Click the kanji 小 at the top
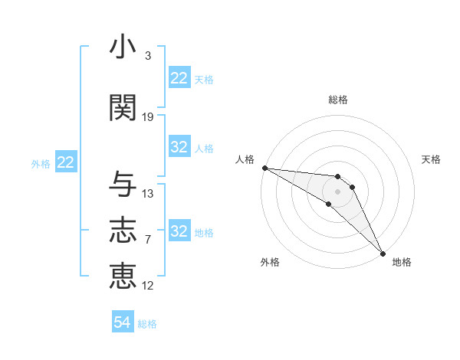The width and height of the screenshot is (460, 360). (123, 47)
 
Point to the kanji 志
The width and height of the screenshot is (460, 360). (123, 231)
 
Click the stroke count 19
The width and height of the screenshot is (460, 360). (148, 116)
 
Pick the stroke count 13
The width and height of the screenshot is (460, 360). (148, 194)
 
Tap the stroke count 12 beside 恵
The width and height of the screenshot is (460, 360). (148, 286)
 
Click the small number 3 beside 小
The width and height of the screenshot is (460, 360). (147, 56)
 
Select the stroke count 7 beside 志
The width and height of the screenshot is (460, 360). (147, 240)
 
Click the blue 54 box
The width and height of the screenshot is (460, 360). (123, 323)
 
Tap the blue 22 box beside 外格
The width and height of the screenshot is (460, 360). (66, 162)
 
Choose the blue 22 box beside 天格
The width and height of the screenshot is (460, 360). (179, 78)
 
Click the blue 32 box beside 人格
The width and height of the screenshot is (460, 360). (179, 147)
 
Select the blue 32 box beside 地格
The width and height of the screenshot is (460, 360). (179, 231)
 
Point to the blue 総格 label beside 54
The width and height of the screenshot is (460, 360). (147, 324)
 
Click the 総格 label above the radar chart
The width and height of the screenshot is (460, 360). (337, 100)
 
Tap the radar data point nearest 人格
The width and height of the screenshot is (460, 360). (264, 168)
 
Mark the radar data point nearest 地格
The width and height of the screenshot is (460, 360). (381, 253)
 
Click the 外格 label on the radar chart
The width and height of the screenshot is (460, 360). (270, 262)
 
